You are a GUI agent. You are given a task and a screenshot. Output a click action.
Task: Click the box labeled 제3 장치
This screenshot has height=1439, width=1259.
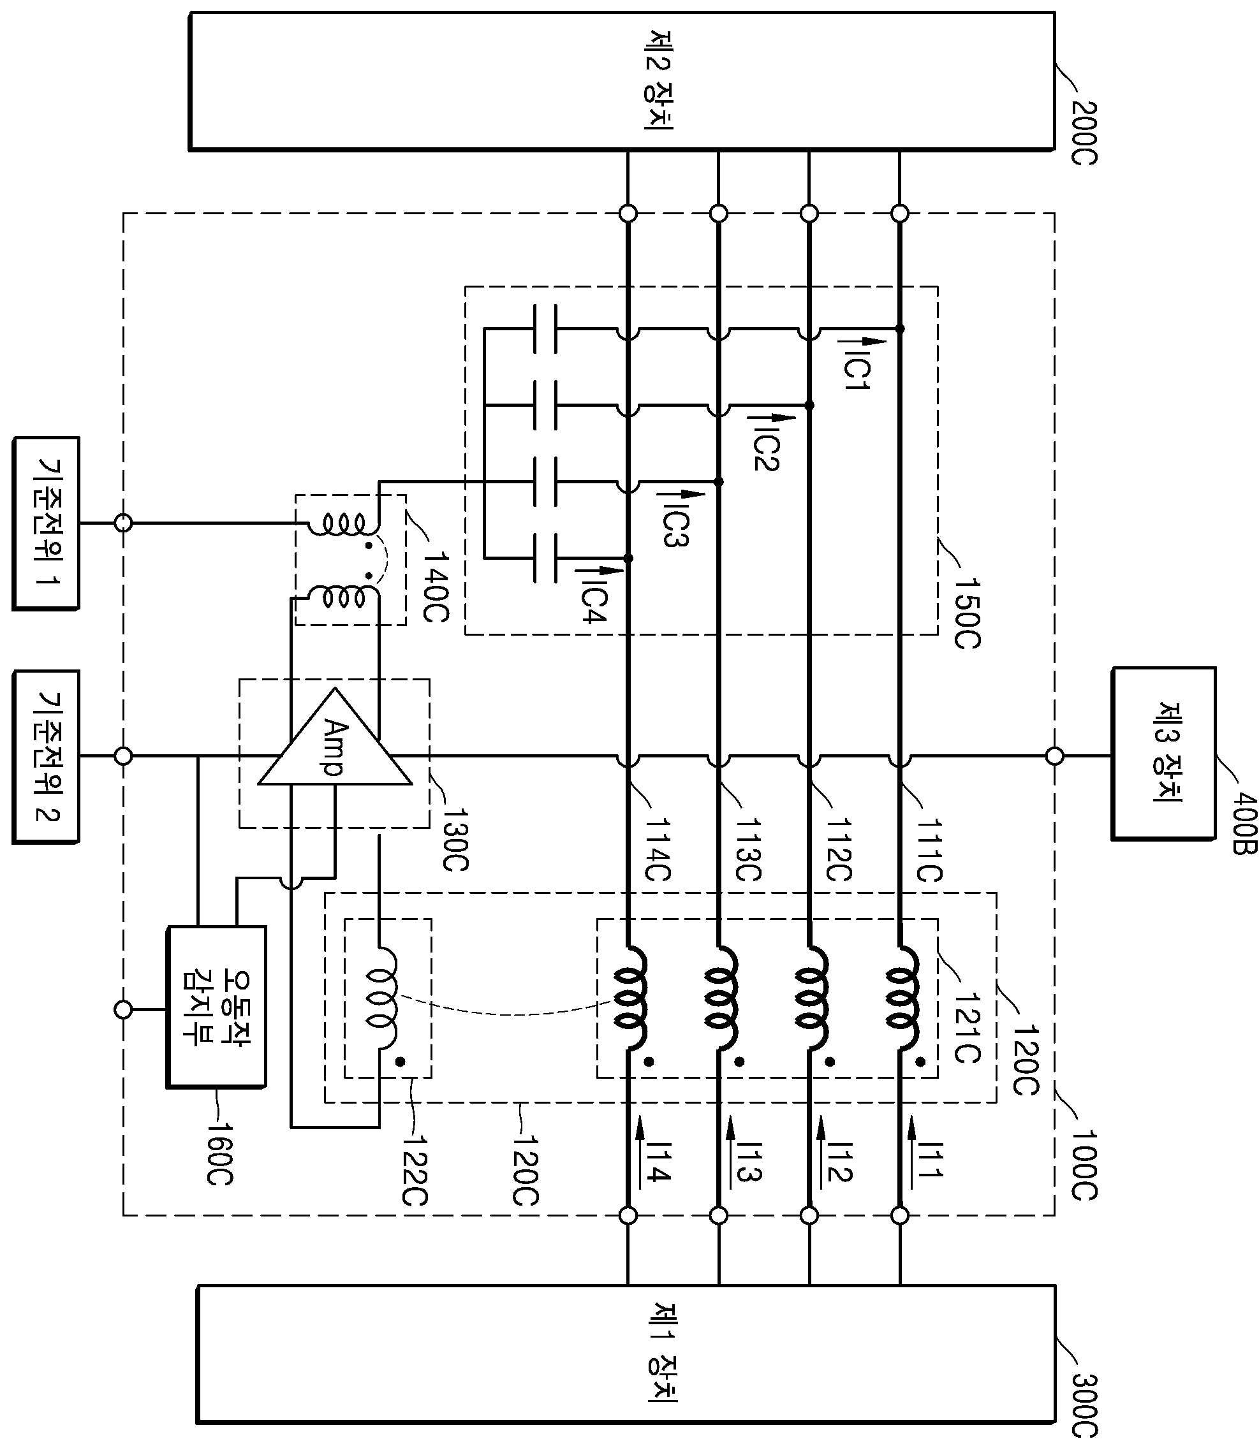(x=1163, y=753)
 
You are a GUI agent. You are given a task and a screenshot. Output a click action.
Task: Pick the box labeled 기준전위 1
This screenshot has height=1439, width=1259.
(x=47, y=523)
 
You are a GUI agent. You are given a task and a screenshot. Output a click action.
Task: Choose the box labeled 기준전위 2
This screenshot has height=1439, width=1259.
(x=47, y=756)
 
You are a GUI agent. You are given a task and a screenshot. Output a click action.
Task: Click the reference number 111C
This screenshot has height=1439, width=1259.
(x=929, y=851)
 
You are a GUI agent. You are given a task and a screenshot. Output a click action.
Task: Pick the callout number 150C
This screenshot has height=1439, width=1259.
(x=967, y=613)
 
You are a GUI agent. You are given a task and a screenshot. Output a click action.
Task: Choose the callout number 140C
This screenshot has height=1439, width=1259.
(x=436, y=587)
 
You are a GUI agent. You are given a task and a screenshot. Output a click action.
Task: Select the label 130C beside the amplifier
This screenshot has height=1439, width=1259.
(x=455, y=841)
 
